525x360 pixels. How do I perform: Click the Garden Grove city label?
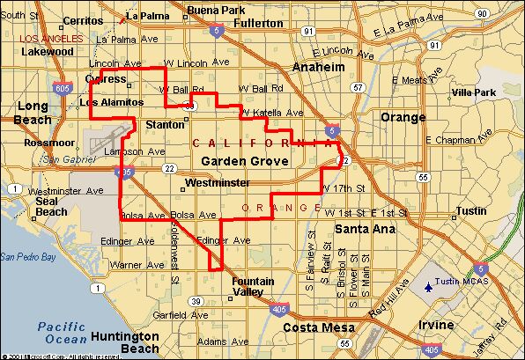pyautogui.click(x=240, y=161)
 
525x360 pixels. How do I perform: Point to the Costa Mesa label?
pyautogui.click(x=311, y=327)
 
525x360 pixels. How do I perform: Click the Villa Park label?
pyautogui.click(x=473, y=92)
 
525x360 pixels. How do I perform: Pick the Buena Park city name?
pyautogui.click(x=214, y=9)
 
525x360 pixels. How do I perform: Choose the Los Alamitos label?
pyautogui.click(x=111, y=102)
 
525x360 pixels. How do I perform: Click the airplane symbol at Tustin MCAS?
pyautogui.click(x=429, y=286)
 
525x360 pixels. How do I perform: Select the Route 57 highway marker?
pyautogui.click(x=356, y=88)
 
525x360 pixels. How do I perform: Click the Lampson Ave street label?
pyautogui.click(x=133, y=151)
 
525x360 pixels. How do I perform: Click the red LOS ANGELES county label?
pyautogui.click(x=49, y=40)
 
